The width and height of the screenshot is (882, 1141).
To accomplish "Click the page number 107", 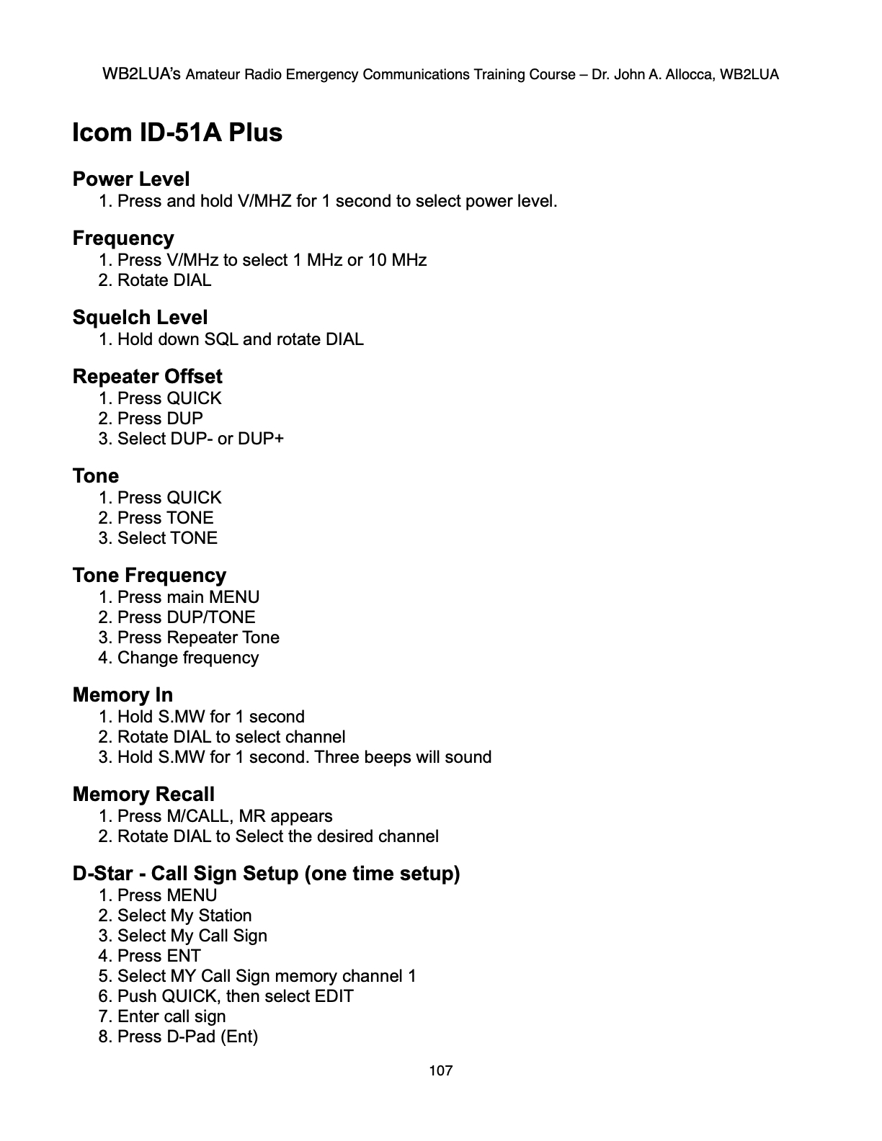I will [440, 1070].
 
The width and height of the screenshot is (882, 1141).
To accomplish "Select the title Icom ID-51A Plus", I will [177, 133].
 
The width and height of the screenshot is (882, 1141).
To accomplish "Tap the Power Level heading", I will [131, 179].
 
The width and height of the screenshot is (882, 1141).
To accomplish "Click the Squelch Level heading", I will [140, 318].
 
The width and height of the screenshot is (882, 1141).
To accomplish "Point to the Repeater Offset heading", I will [147, 377].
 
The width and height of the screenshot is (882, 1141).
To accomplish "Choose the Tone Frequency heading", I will [149, 576].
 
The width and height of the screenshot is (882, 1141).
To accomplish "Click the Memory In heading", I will [122, 695].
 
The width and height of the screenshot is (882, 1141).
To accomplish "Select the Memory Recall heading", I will [143, 795].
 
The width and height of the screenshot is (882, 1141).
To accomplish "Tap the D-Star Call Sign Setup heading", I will [266, 874].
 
